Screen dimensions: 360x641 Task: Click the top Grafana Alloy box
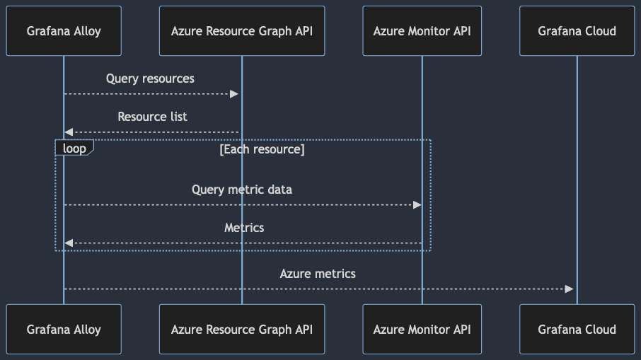[64, 31]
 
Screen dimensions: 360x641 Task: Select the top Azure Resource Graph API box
[242, 31]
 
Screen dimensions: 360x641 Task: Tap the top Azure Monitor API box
[422, 31]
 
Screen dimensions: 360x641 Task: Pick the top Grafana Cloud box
[577, 31]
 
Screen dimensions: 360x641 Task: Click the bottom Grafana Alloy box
[64, 330]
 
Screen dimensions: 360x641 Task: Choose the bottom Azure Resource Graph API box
[242, 330]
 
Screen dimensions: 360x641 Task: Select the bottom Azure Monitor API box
[422, 330]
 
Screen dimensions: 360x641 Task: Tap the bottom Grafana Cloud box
[577, 330]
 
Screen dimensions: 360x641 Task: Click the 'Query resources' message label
[150, 79]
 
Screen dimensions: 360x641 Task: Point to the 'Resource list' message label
[152, 117]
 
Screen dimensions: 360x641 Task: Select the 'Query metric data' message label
[242, 190]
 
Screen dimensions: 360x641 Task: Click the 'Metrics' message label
[244, 228]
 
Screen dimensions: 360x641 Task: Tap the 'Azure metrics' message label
[318, 274]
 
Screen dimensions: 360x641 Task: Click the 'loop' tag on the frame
[74, 148]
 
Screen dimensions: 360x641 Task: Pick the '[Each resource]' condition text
[262, 149]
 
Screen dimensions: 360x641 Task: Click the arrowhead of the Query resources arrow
[234, 94]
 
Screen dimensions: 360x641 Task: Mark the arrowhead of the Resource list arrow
[69, 132]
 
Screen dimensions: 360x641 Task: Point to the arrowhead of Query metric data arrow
[417, 205]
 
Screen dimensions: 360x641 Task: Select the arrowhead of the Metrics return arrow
[69, 243]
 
